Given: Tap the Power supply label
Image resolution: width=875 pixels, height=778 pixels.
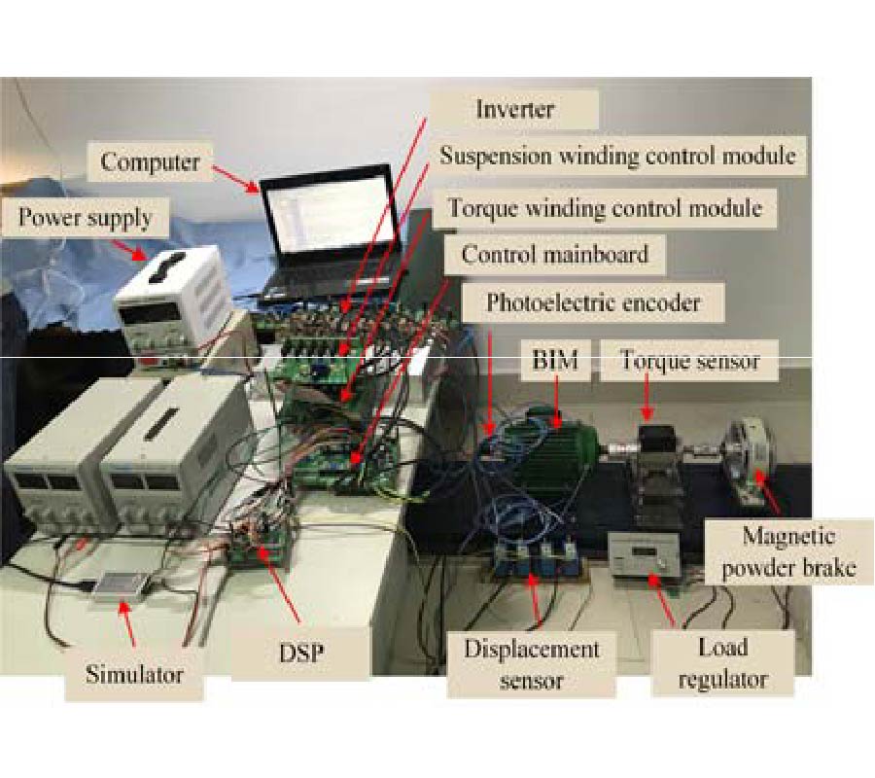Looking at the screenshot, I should pos(86,218).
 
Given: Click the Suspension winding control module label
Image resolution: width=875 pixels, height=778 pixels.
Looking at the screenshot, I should pos(618,156).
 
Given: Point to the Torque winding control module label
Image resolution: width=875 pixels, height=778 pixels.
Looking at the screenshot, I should pos(604,207).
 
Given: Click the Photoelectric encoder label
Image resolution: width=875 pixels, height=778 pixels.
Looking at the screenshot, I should pos(593,302).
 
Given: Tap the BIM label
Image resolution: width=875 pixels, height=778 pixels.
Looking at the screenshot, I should pos(555,363).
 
